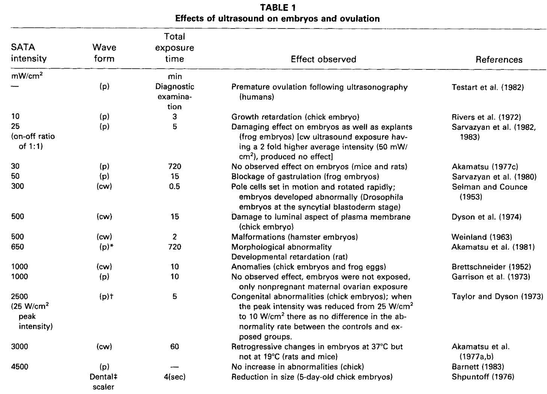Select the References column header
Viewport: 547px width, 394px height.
(x=499, y=60)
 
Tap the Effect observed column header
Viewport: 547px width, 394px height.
(x=323, y=59)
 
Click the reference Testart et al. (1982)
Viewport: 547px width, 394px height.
(x=487, y=87)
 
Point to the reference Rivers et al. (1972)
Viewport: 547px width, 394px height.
(x=486, y=117)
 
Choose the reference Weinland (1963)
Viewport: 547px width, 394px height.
(x=482, y=237)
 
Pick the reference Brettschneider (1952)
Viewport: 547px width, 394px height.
(x=491, y=267)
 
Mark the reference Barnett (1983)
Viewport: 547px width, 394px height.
(x=477, y=367)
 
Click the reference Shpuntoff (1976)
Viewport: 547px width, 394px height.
(x=483, y=377)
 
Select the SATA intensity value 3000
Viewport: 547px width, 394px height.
(x=20, y=347)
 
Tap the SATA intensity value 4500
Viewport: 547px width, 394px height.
(x=20, y=367)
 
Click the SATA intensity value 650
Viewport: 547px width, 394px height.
(x=18, y=247)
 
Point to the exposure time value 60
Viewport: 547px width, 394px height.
(x=175, y=347)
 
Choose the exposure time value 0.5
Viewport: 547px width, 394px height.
(x=175, y=187)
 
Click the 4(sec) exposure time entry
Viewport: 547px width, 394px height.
(x=175, y=377)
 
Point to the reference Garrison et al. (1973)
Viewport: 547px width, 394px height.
(x=491, y=277)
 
